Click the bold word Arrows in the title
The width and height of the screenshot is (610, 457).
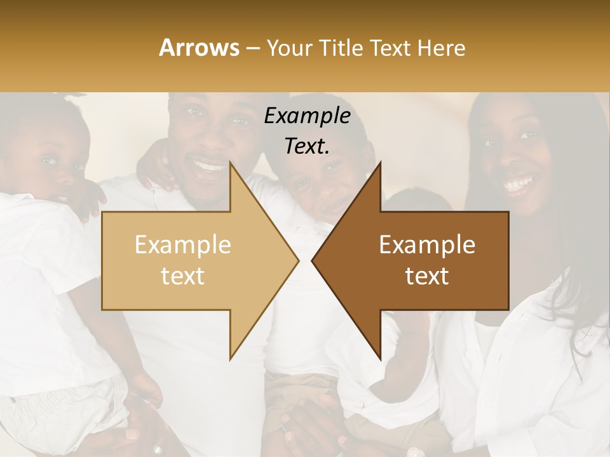(x=200, y=48)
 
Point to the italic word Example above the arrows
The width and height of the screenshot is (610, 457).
(x=307, y=116)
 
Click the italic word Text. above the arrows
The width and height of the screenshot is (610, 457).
(x=307, y=146)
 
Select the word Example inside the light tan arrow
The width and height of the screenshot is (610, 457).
(x=183, y=244)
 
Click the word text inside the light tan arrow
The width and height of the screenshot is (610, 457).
(x=183, y=275)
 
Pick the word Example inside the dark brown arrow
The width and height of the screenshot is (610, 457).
(x=427, y=244)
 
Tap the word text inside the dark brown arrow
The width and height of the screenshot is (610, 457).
(x=427, y=275)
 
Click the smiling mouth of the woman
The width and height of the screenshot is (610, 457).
(x=518, y=185)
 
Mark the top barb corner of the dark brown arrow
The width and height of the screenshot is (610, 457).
(x=380, y=163)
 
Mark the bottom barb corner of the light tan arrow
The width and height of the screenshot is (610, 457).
(x=230, y=359)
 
